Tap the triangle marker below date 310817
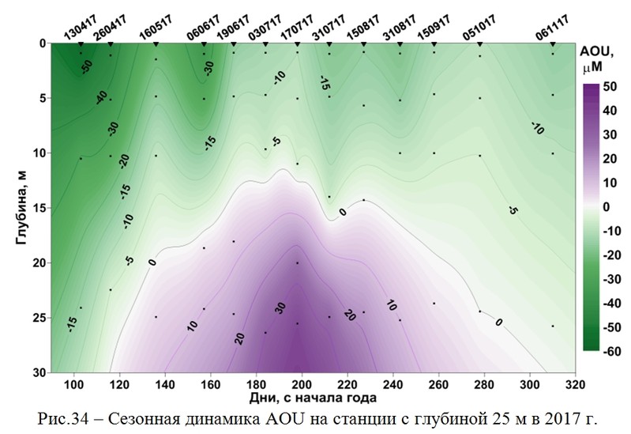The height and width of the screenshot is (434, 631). (x=400, y=43)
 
